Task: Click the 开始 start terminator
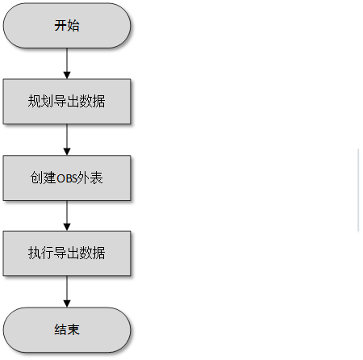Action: point(67,26)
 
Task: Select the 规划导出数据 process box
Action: point(67,102)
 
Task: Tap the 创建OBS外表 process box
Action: point(67,178)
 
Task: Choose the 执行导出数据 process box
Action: point(67,253)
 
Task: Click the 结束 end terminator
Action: point(67,329)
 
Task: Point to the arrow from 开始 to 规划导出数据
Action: point(67,64)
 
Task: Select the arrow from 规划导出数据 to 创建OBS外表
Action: point(67,140)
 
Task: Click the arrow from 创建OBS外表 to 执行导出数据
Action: point(67,216)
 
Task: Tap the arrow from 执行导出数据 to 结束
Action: point(67,291)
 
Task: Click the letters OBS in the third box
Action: point(67,178)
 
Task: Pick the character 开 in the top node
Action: point(60,26)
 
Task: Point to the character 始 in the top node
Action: point(73,26)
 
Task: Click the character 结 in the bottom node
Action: point(60,329)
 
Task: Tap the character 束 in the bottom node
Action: point(73,329)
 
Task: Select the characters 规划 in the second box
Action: point(41,101)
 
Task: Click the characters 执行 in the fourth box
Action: point(41,253)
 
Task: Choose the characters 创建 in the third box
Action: point(43,178)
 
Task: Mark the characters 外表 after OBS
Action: point(90,178)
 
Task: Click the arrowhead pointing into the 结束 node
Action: point(67,303)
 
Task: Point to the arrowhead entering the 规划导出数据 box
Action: point(67,75)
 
